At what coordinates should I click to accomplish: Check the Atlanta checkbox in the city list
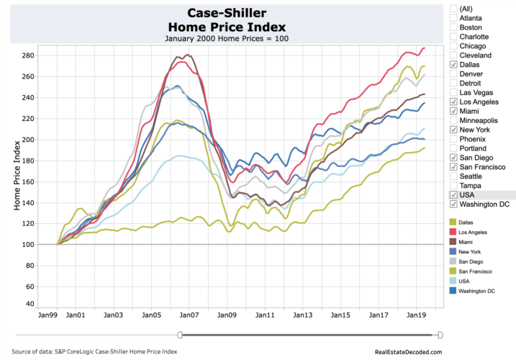(x=453, y=18)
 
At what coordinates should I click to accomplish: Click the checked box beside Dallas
(x=453, y=64)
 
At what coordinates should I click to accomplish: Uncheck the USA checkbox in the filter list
(x=453, y=195)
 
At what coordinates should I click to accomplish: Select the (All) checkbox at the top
(x=453, y=9)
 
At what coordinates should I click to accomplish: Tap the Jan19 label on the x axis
(x=413, y=315)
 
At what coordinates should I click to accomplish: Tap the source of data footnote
(x=94, y=352)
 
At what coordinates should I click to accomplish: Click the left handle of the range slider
(x=180, y=334)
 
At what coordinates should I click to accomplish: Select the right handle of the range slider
(x=440, y=334)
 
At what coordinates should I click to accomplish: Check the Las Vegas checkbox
(x=453, y=92)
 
